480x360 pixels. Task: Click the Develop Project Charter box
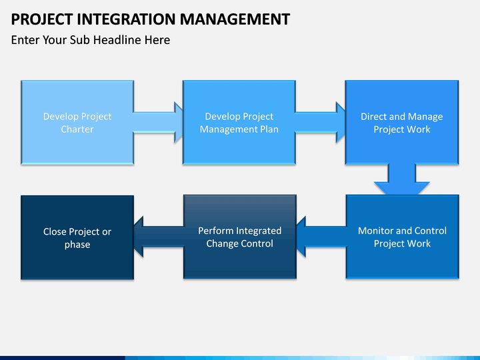click(x=77, y=123)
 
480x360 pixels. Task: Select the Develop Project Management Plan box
click(x=239, y=123)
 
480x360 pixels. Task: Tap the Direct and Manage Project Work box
click(x=401, y=123)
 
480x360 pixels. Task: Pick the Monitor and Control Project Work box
click(x=402, y=237)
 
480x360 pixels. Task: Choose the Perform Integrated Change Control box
click(x=240, y=237)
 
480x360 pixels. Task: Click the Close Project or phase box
click(x=77, y=237)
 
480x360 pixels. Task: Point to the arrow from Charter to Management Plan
click(x=158, y=123)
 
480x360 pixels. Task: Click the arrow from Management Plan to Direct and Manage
click(x=320, y=123)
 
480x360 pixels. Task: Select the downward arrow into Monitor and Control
click(x=401, y=180)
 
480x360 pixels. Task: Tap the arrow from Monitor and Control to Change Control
click(x=321, y=237)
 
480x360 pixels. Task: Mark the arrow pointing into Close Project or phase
click(x=159, y=237)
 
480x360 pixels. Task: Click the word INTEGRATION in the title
click(x=126, y=19)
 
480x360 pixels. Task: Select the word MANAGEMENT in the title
click(x=235, y=19)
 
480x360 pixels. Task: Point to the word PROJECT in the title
click(x=42, y=19)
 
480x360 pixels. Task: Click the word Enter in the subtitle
click(x=25, y=40)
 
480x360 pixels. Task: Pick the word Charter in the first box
click(x=77, y=129)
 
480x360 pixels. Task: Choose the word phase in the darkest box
click(x=77, y=245)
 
